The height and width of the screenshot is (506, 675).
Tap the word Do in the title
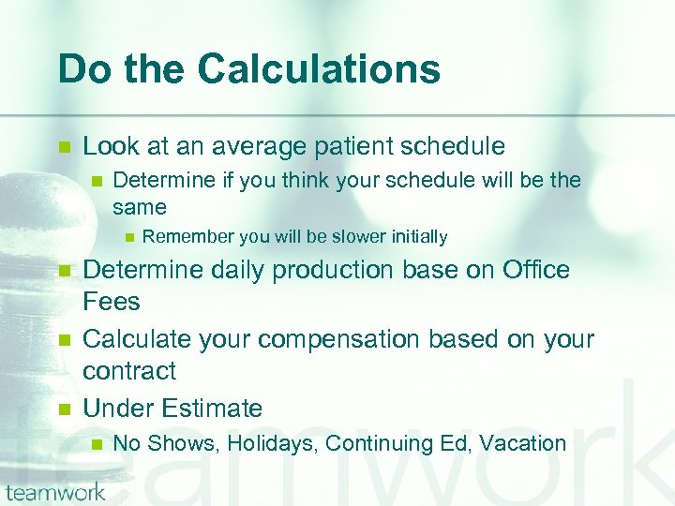click(81, 69)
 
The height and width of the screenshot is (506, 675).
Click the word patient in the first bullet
click(363, 146)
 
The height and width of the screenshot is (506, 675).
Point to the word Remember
click(187, 237)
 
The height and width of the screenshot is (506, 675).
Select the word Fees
click(111, 302)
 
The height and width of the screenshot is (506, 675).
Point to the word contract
click(129, 371)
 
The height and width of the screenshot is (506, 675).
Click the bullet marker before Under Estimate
click(65, 409)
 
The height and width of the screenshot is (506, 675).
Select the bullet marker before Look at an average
click(65, 147)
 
